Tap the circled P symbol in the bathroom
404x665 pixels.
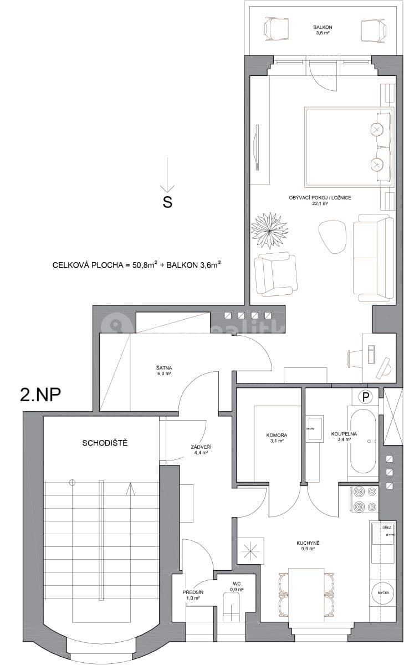pyautogui.click(x=365, y=396)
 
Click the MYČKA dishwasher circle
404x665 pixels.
pyautogui.click(x=382, y=592)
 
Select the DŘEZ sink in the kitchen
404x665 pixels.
pyautogui.click(x=383, y=536)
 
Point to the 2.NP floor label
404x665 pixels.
pyautogui.click(x=40, y=395)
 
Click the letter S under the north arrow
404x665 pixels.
pyautogui.click(x=167, y=202)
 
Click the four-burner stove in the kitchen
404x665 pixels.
pyautogui.click(x=365, y=498)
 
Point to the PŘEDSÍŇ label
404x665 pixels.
pyautogui.click(x=193, y=595)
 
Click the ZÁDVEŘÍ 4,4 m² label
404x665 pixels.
pyautogui.click(x=200, y=449)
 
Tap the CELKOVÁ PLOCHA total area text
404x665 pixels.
pyautogui.click(x=136, y=265)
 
